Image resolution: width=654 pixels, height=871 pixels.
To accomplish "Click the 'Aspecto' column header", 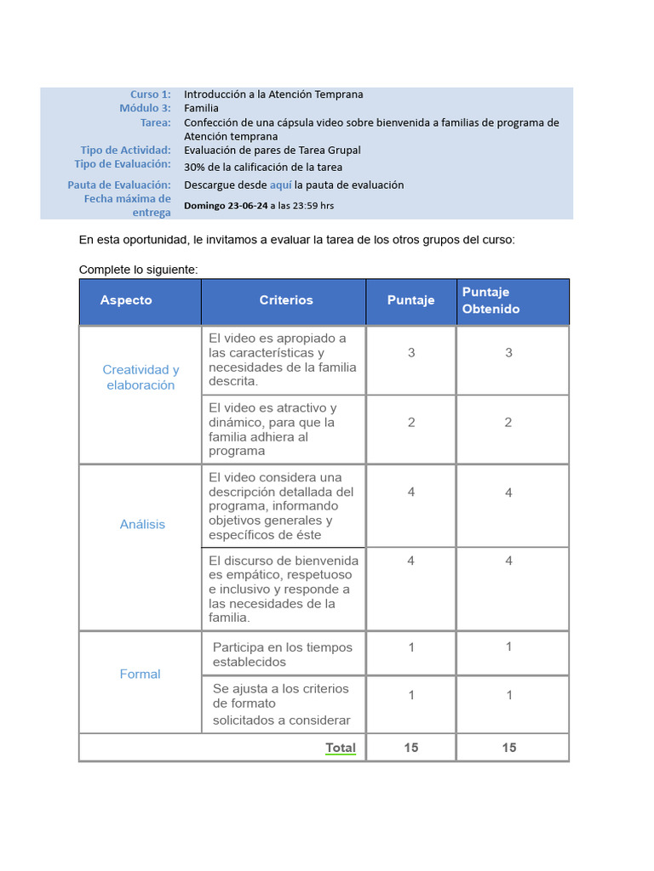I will (x=126, y=300).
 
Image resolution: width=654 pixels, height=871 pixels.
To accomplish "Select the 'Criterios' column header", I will (x=286, y=300).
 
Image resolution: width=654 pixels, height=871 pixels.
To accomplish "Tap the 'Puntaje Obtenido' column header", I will (x=490, y=300).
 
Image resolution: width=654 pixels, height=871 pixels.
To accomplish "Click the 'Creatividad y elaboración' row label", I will (x=141, y=377).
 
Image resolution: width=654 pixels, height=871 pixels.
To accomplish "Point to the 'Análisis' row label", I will (x=142, y=524).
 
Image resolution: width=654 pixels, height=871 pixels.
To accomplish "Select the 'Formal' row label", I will (x=140, y=674).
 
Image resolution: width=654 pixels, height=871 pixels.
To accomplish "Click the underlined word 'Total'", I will (x=341, y=748).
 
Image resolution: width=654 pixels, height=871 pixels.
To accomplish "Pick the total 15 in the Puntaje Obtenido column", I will (x=508, y=748).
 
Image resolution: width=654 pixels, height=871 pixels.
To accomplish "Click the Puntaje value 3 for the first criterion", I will (x=411, y=352).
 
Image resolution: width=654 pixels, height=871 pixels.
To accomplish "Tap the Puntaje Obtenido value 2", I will (x=508, y=422).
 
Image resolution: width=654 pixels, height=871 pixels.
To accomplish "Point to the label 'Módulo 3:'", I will (x=145, y=108).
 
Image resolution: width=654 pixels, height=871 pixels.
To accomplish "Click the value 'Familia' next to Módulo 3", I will (x=201, y=108).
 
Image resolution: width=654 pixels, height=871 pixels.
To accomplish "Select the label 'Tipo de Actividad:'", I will (x=125, y=151).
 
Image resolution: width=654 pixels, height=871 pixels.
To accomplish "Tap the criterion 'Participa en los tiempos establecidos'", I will (x=282, y=654).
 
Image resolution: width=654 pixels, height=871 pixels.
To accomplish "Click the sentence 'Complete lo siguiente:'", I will (x=138, y=270).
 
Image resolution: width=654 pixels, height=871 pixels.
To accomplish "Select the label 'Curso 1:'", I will (x=150, y=94).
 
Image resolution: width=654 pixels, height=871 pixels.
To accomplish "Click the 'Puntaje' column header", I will (x=410, y=300).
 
